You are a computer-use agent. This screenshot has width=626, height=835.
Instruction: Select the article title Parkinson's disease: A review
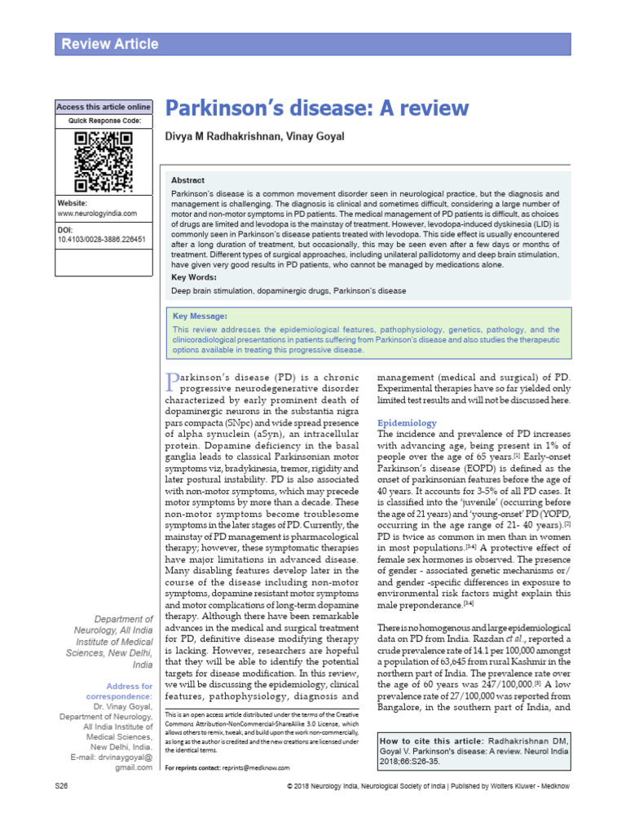(x=318, y=108)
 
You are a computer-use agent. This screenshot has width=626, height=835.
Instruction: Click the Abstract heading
(x=187, y=180)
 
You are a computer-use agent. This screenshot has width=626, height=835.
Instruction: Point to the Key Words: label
(x=194, y=278)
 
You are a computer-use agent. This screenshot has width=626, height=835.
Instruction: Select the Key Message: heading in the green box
(x=201, y=316)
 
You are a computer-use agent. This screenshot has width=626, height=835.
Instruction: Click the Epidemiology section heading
(x=407, y=423)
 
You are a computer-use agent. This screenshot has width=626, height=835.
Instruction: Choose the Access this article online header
(x=104, y=107)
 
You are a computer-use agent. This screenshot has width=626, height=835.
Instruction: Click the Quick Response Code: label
(x=104, y=121)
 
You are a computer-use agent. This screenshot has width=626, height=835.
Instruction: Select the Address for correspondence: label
(x=128, y=692)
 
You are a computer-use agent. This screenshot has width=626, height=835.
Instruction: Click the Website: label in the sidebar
(x=73, y=202)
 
